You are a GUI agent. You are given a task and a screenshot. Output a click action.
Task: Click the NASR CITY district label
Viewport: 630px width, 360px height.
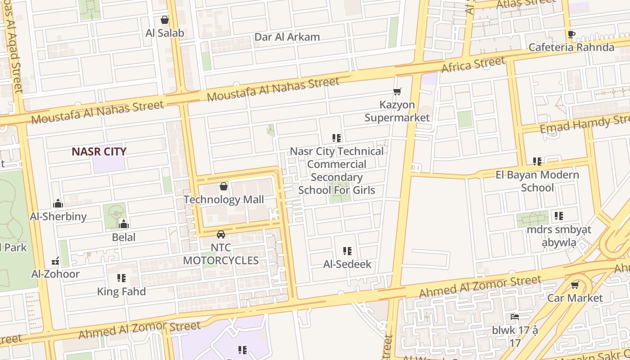click(x=99, y=152)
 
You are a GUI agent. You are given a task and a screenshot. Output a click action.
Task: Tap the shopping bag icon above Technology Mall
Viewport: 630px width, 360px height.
click(x=224, y=186)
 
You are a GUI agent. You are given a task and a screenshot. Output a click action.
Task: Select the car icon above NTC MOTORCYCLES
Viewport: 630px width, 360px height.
click(x=220, y=234)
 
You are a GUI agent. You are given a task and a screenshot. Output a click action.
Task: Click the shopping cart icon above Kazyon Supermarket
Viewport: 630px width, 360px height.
click(x=397, y=92)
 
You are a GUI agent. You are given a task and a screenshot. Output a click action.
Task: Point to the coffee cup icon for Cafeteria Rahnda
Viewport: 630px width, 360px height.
click(x=571, y=34)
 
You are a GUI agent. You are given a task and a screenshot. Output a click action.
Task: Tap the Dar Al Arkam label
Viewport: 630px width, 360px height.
click(x=287, y=37)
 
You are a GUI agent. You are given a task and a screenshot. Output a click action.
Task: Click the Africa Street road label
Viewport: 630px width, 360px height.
click(x=473, y=65)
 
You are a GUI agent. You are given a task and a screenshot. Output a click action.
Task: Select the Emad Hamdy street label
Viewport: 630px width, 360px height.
click(x=584, y=124)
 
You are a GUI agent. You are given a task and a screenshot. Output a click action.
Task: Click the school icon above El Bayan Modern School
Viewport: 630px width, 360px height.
click(x=537, y=161)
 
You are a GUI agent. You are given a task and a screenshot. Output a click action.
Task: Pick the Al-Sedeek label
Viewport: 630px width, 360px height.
click(x=347, y=264)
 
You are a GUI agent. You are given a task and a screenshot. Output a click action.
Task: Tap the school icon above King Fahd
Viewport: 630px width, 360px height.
click(x=121, y=278)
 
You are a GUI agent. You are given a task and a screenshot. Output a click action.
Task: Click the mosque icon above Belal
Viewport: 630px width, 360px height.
click(x=124, y=224)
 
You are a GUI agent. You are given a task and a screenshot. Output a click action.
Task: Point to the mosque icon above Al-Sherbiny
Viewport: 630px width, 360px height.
click(x=58, y=203)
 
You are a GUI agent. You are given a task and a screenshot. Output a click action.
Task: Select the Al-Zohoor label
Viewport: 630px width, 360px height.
click(x=55, y=274)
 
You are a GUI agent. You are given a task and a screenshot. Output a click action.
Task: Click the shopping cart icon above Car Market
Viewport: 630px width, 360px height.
click(x=575, y=285)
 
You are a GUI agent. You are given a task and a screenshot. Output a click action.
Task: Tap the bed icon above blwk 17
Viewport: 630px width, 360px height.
click(x=515, y=317)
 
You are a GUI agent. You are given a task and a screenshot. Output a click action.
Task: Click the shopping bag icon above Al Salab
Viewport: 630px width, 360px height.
click(x=165, y=20)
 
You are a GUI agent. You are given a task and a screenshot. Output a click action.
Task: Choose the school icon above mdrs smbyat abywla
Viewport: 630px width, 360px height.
click(x=558, y=216)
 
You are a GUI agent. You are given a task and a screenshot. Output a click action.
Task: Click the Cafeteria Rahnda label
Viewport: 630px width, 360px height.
click(x=571, y=47)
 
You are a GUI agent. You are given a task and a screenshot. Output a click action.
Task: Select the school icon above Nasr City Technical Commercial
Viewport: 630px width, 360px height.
click(x=337, y=138)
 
